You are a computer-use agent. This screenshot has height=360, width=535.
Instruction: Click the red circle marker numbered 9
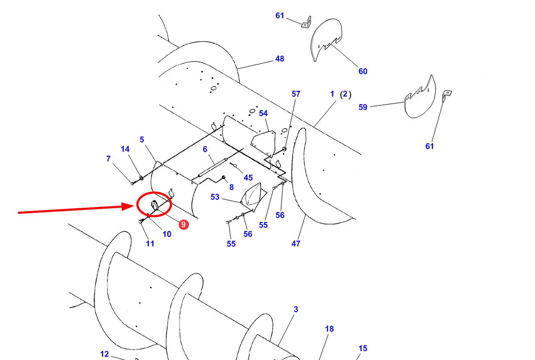[x=184, y=225]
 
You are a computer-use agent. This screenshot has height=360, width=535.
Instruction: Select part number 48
[x=280, y=59]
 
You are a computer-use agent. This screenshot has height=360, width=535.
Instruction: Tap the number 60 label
[x=363, y=71]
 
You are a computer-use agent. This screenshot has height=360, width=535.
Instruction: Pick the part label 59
[x=363, y=107]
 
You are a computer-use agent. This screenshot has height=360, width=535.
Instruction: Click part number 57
[x=296, y=94]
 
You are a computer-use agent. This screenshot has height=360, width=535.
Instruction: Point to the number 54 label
[x=263, y=114]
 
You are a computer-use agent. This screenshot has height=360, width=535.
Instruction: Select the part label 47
[x=296, y=243]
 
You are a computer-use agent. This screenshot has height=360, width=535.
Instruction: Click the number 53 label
[x=215, y=197]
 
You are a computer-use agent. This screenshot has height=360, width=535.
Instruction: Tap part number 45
[x=248, y=178]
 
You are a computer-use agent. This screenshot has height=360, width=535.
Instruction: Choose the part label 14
[x=125, y=149]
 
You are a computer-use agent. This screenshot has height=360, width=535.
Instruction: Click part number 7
[x=108, y=159]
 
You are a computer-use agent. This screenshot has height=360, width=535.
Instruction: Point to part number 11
[x=150, y=243]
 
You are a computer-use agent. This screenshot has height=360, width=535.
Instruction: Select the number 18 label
[x=329, y=329]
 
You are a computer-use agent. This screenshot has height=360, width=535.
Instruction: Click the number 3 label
[x=296, y=309]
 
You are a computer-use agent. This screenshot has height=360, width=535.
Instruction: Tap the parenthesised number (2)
[x=346, y=94]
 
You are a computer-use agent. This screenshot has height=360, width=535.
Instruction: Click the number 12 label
[x=105, y=354]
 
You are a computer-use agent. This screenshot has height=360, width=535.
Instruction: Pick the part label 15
[x=363, y=348]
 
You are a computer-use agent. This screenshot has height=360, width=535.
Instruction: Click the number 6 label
[x=205, y=149]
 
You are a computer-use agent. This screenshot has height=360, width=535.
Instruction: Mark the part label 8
[x=231, y=187]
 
